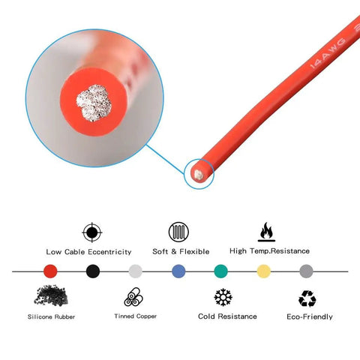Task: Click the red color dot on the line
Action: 50,271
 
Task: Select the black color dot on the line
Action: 93,271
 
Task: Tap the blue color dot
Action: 178,271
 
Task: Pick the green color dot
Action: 221,271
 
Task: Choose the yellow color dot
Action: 264,271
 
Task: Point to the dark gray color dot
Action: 306,271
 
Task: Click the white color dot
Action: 136,271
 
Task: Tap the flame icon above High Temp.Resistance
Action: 266,232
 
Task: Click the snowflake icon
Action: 223,297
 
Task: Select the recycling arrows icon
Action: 307,298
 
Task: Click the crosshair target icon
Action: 92,232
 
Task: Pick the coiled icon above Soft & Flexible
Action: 178,232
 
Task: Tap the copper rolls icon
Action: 133,297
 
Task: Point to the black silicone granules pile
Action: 51,295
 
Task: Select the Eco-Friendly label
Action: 310,316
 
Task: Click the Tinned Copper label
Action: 136,316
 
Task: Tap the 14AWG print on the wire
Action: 328,53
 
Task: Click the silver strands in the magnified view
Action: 94,103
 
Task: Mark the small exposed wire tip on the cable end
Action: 198,175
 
